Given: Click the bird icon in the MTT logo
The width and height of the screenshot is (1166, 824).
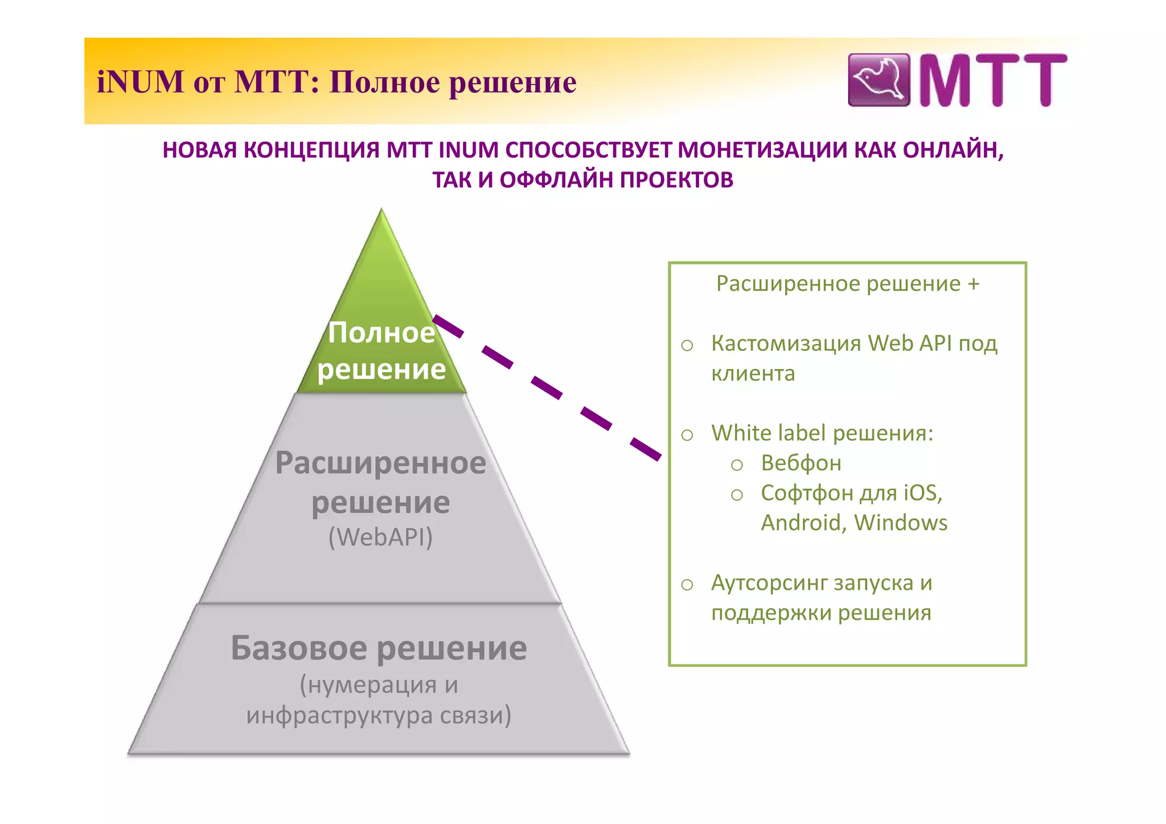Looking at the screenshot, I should coord(878,80).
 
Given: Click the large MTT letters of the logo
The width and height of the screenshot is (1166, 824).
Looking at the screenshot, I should coord(992,80).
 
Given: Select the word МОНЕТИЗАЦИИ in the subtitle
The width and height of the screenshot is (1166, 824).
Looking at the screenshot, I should coord(762,150).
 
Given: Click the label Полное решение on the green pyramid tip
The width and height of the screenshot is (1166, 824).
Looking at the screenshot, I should coord(381,351).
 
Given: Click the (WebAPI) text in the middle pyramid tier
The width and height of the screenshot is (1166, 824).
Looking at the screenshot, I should coord(380,537).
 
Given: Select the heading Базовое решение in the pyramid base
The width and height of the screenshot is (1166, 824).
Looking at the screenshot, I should coord(379,648).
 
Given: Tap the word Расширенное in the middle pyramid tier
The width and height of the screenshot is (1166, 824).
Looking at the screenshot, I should coord(380,462).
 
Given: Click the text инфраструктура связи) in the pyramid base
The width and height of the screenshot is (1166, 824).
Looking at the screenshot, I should coord(379,715).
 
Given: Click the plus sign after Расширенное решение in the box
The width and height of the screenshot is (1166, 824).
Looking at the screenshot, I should coord(974,284).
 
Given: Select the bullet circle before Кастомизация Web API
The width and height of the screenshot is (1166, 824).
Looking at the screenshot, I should coord(687,345).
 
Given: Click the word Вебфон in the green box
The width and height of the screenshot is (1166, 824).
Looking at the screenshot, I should coord(801,463).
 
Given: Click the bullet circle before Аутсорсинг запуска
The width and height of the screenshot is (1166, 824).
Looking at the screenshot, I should coord(687,585).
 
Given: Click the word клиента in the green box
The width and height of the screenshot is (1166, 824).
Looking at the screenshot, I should coord(753,374).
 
